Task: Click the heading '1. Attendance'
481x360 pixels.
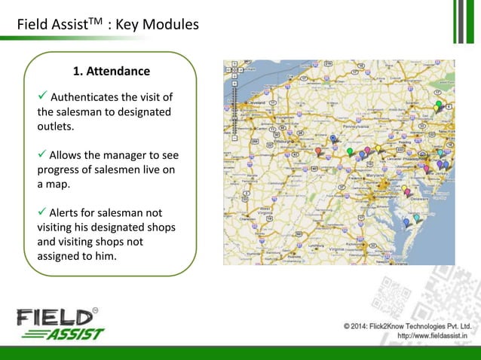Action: click(111, 72)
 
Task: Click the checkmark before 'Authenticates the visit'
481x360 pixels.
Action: click(42, 96)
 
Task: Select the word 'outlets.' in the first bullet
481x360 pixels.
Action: click(55, 127)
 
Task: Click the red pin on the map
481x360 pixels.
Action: click(318, 152)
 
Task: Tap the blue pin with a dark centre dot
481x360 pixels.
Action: click(333, 139)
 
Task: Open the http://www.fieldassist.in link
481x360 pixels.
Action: click(431, 336)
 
